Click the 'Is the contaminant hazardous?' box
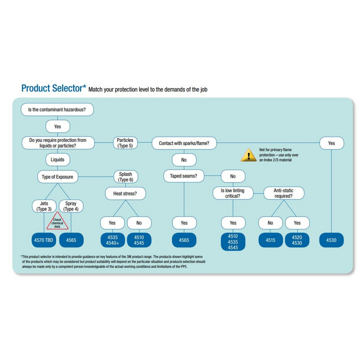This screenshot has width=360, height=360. click(57, 109)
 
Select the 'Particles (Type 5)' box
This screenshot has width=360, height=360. click(125, 143)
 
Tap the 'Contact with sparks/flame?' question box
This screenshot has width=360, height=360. click(187, 143)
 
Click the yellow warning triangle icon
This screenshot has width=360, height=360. click(248, 155)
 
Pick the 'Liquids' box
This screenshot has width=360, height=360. click(57, 160)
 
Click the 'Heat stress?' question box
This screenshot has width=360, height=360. click(125, 193)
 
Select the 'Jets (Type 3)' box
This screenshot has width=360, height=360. click(44, 206)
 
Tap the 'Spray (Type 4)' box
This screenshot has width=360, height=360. click(71, 206)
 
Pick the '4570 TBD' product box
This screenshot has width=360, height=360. click(44, 240)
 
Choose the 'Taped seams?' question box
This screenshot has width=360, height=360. click(184, 176)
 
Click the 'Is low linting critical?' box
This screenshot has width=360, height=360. click(233, 193)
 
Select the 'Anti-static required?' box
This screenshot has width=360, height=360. click(284, 193)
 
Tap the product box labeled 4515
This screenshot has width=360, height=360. click(271, 240)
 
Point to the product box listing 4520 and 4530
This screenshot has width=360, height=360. click(297, 240)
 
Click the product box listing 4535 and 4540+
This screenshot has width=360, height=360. click(112, 240)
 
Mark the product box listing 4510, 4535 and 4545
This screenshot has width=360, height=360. click(233, 241)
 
